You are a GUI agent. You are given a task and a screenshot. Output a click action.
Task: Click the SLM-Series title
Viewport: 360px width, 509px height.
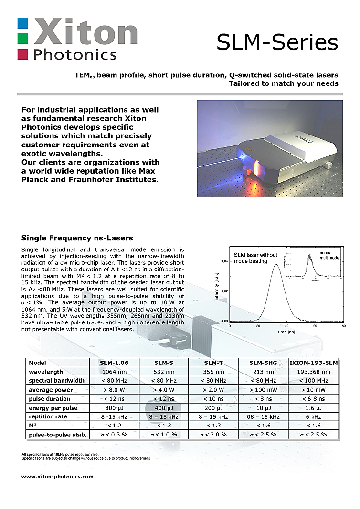click(x=277, y=42)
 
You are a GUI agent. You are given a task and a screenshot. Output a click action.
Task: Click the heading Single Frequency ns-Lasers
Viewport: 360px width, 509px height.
click(x=77, y=238)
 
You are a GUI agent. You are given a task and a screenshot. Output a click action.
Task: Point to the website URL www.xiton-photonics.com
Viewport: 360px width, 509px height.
click(x=58, y=476)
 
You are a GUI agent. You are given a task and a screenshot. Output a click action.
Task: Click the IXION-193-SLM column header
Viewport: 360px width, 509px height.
click(x=313, y=363)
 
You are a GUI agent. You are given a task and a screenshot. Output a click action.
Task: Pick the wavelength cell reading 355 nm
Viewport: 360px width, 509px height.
click(x=214, y=372)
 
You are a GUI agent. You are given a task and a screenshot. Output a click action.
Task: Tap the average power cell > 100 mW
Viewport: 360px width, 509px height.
click(x=264, y=390)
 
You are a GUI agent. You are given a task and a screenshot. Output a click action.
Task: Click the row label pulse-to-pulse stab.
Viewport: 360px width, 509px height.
click(x=58, y=434)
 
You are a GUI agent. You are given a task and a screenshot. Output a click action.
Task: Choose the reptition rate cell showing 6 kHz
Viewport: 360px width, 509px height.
click(x=313, y=416)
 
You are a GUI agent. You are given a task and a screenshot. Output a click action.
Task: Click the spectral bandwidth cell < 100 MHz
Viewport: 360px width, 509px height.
click(x=313, y=381)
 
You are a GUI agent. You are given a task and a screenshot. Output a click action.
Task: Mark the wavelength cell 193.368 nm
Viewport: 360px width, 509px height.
click(x=313, y=372)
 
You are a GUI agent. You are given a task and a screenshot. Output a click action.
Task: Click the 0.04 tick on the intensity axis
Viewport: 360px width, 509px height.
click(x=223, y=261)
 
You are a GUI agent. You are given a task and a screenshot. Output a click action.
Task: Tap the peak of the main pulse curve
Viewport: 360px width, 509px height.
click(x=276, y=265)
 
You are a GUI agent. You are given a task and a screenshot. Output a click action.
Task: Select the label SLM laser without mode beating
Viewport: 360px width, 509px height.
click(x=255, y=258)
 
